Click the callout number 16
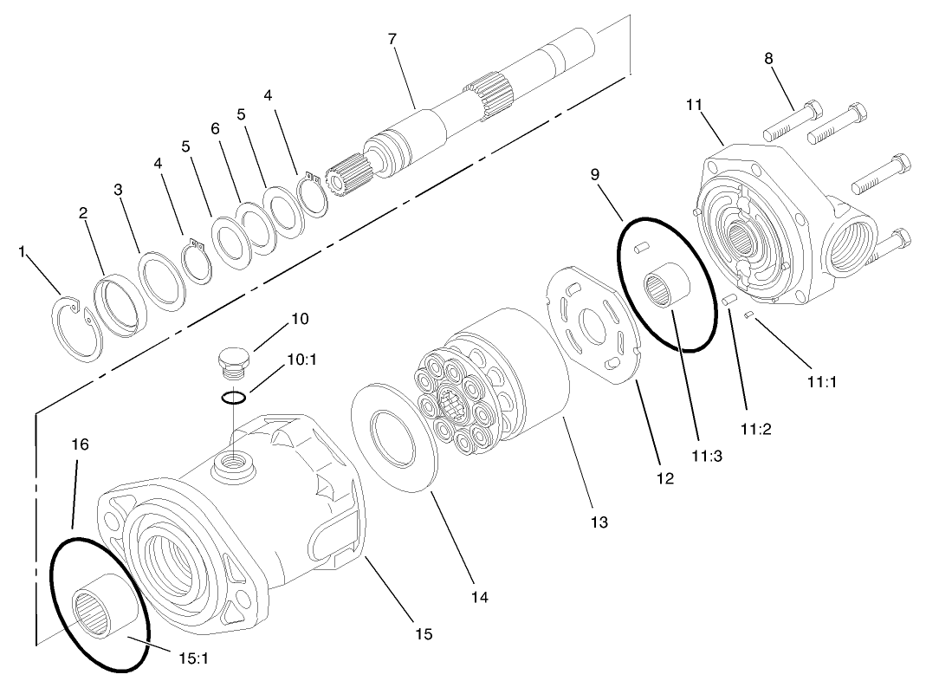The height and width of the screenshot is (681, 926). click(x=80, y=444)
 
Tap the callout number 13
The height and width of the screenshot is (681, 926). click(x=599, y=522)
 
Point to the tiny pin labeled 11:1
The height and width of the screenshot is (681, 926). click(x=749, y=315)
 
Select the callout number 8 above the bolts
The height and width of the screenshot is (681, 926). click(x=768, y=59)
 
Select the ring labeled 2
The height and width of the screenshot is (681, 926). click(x=122, y=303)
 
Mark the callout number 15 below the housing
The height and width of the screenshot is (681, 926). click(x=424, y=633)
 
